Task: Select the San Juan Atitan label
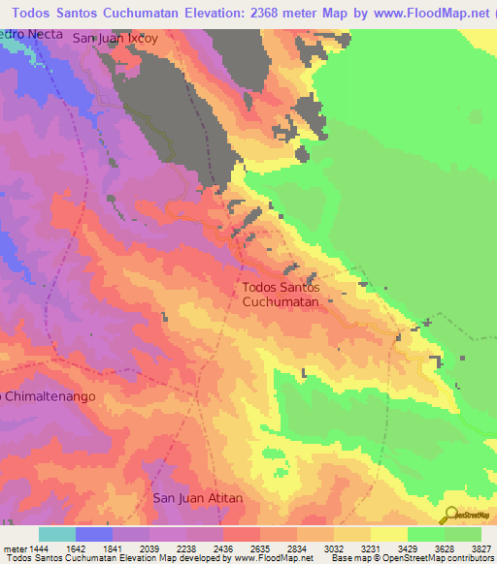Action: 198,498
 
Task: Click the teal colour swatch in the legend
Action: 57,534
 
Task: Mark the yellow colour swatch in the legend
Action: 389,534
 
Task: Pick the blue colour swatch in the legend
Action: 94,534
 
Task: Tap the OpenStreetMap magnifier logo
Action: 449,515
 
